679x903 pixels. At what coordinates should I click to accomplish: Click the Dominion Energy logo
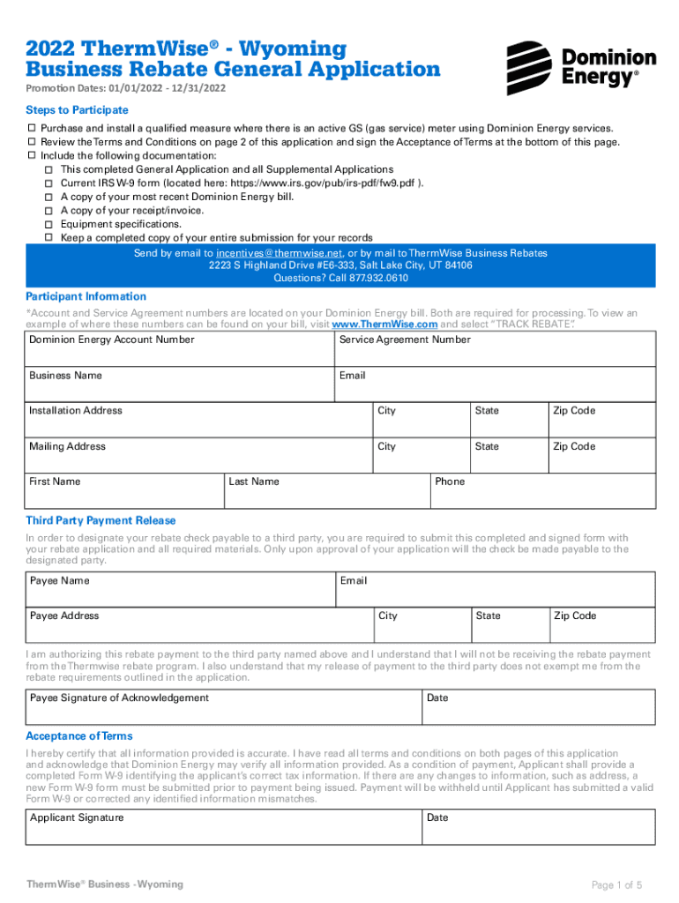coord(580,68)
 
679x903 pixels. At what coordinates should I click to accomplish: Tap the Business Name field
coord(181,385)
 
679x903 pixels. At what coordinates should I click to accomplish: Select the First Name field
coord(124,491)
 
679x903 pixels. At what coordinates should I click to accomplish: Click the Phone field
coord(542,491)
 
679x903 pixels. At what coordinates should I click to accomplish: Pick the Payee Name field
coord(181,590)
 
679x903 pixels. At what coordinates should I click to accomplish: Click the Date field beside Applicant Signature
coord(538,827)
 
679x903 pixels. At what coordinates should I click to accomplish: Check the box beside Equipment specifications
coord(50,225)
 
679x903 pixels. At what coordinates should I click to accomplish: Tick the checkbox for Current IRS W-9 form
coord(50,183)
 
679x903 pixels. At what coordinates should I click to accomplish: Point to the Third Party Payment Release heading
coord(101,520)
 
